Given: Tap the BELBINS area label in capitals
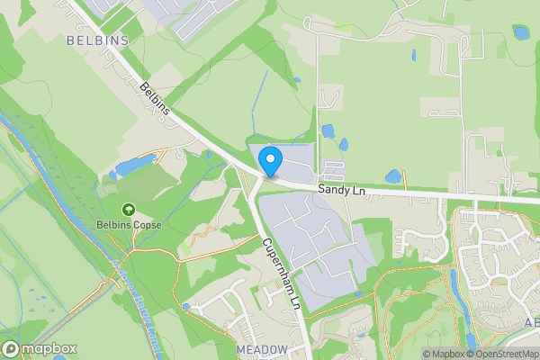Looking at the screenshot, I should coord(98,40).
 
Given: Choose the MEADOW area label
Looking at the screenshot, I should coord(262,348).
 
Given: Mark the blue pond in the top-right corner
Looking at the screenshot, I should coord(520,32).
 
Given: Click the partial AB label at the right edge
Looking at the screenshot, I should coord(531,324).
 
